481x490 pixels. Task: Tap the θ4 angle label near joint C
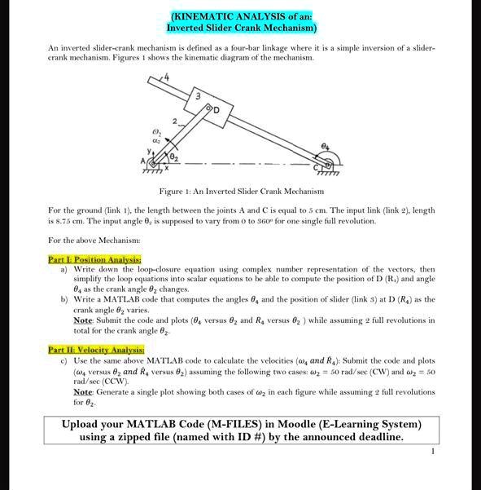pyautogui.click(x=325, y=143)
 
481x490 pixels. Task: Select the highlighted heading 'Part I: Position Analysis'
pyautogui.click(x=84, y=259)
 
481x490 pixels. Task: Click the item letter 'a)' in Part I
pyautogui.click(x=64, y=269)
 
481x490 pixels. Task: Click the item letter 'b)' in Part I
pyautogui.click(x=64, y=300)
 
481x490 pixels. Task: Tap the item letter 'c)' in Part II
pyautogui.click(x=64, y=360)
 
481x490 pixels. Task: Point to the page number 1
pyautogui.click(x=434, y=451)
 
